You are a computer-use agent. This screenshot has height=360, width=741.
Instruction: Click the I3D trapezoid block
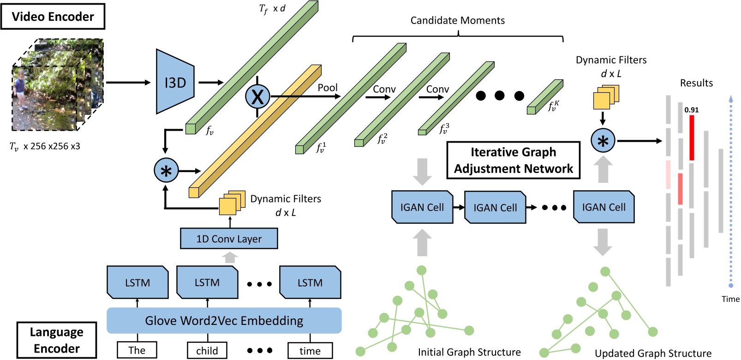tap(175, 82)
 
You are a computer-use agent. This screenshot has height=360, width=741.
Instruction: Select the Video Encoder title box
tap(53, 17)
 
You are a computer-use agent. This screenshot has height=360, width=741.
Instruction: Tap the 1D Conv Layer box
tap(229, 239)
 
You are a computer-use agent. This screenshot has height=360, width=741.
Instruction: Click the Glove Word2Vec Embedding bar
tap(224, 320)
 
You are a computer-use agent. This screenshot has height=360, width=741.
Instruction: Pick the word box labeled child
tap(207, 351)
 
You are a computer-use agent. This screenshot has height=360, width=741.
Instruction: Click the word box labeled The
tap(137, 350)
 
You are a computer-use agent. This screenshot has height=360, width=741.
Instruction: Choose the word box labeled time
tap(310, 351)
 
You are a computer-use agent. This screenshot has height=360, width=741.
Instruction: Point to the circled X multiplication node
tap(257, 97)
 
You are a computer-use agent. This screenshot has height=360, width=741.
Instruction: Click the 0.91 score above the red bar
tap(691, 110)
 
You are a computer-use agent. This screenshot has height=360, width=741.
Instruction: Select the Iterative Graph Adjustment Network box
tap(513, 160)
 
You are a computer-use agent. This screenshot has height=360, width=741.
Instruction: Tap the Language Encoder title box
tap(56, 340)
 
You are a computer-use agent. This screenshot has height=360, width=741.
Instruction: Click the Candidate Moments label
tap(457, 20)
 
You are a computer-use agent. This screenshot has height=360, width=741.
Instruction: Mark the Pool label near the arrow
tap(328, 88)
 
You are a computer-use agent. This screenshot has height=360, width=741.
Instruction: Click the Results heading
tap(696, 83)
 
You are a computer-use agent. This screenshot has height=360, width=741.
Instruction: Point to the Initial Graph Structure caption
tap(469, 352)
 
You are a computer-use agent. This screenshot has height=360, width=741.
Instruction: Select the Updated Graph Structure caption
tap(653, 354)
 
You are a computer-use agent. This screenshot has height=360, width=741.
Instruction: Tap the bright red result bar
tap(692, 138)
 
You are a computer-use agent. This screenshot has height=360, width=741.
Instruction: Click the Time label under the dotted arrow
tap(730, 299)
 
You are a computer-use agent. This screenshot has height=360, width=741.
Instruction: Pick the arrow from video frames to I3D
tap(128, 83)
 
